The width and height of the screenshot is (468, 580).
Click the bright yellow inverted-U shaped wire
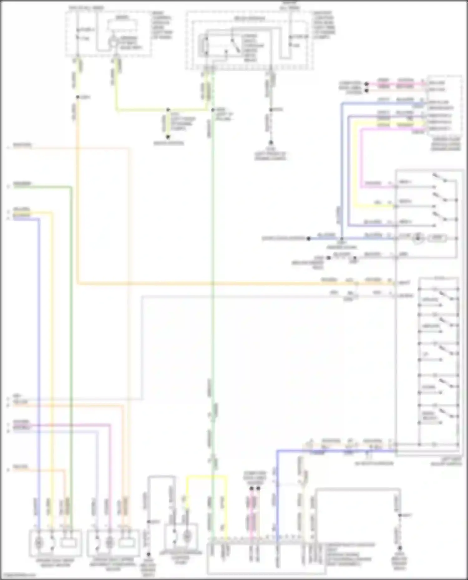click(x=207, y=476)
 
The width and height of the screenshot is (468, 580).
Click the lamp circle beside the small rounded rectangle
click(x=417, y=238)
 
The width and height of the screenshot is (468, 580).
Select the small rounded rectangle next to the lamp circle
click(x=437, y=238)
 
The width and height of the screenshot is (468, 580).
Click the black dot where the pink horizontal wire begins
click(x=367, y=84)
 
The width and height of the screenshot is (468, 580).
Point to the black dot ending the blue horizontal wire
click(x=308, y=239)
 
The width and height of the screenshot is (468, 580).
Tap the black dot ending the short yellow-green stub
click(x=168, y=137)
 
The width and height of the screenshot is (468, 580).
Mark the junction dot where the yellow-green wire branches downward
click(x=168, y=110)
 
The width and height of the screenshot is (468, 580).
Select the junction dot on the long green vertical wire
click(x=213, y=110)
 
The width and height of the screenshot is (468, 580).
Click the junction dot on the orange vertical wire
click(x=77, y=97)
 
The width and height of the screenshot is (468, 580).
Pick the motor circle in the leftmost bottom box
click(x=39, y=543)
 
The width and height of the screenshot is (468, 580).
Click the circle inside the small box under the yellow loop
click(x=187, y=536)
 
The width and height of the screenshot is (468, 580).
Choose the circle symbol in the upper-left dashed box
click(x=112, y=42)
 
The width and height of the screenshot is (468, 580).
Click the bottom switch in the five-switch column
click(x=446, y=413)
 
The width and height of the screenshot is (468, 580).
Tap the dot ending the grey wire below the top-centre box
click(x=271, y=142)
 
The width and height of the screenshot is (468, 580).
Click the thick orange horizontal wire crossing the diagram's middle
click(x=218, y=284)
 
